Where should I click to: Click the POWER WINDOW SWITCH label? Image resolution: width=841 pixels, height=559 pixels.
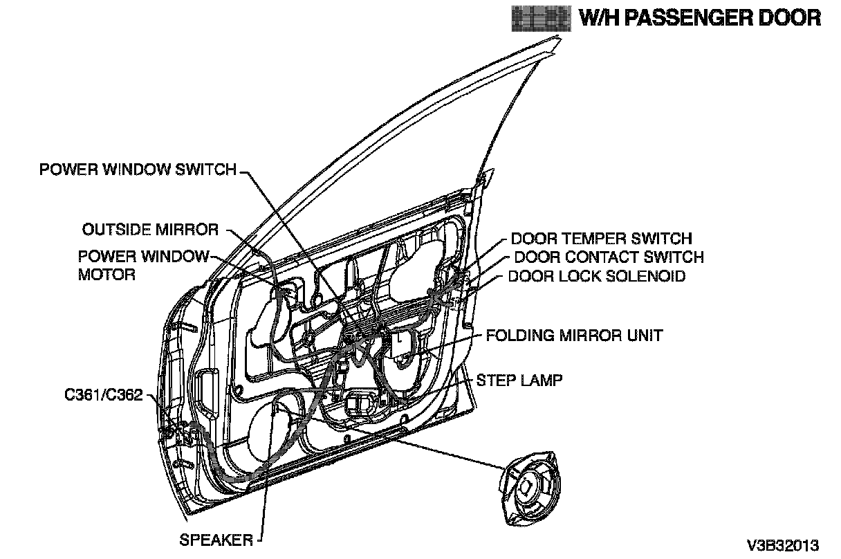point(138,169)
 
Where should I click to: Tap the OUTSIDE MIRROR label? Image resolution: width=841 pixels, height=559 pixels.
point(150,229)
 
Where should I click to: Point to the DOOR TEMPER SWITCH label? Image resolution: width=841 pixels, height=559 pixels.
point(601,239)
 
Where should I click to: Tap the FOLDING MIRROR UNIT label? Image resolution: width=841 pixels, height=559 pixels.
point(574,336)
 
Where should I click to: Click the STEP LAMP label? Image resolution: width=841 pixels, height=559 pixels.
point(519,380)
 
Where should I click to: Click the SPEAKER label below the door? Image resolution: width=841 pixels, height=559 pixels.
point(216,540)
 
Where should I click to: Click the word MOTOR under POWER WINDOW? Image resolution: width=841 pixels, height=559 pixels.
point(107,274)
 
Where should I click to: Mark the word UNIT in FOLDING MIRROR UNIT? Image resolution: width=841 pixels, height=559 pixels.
point(643,336)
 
